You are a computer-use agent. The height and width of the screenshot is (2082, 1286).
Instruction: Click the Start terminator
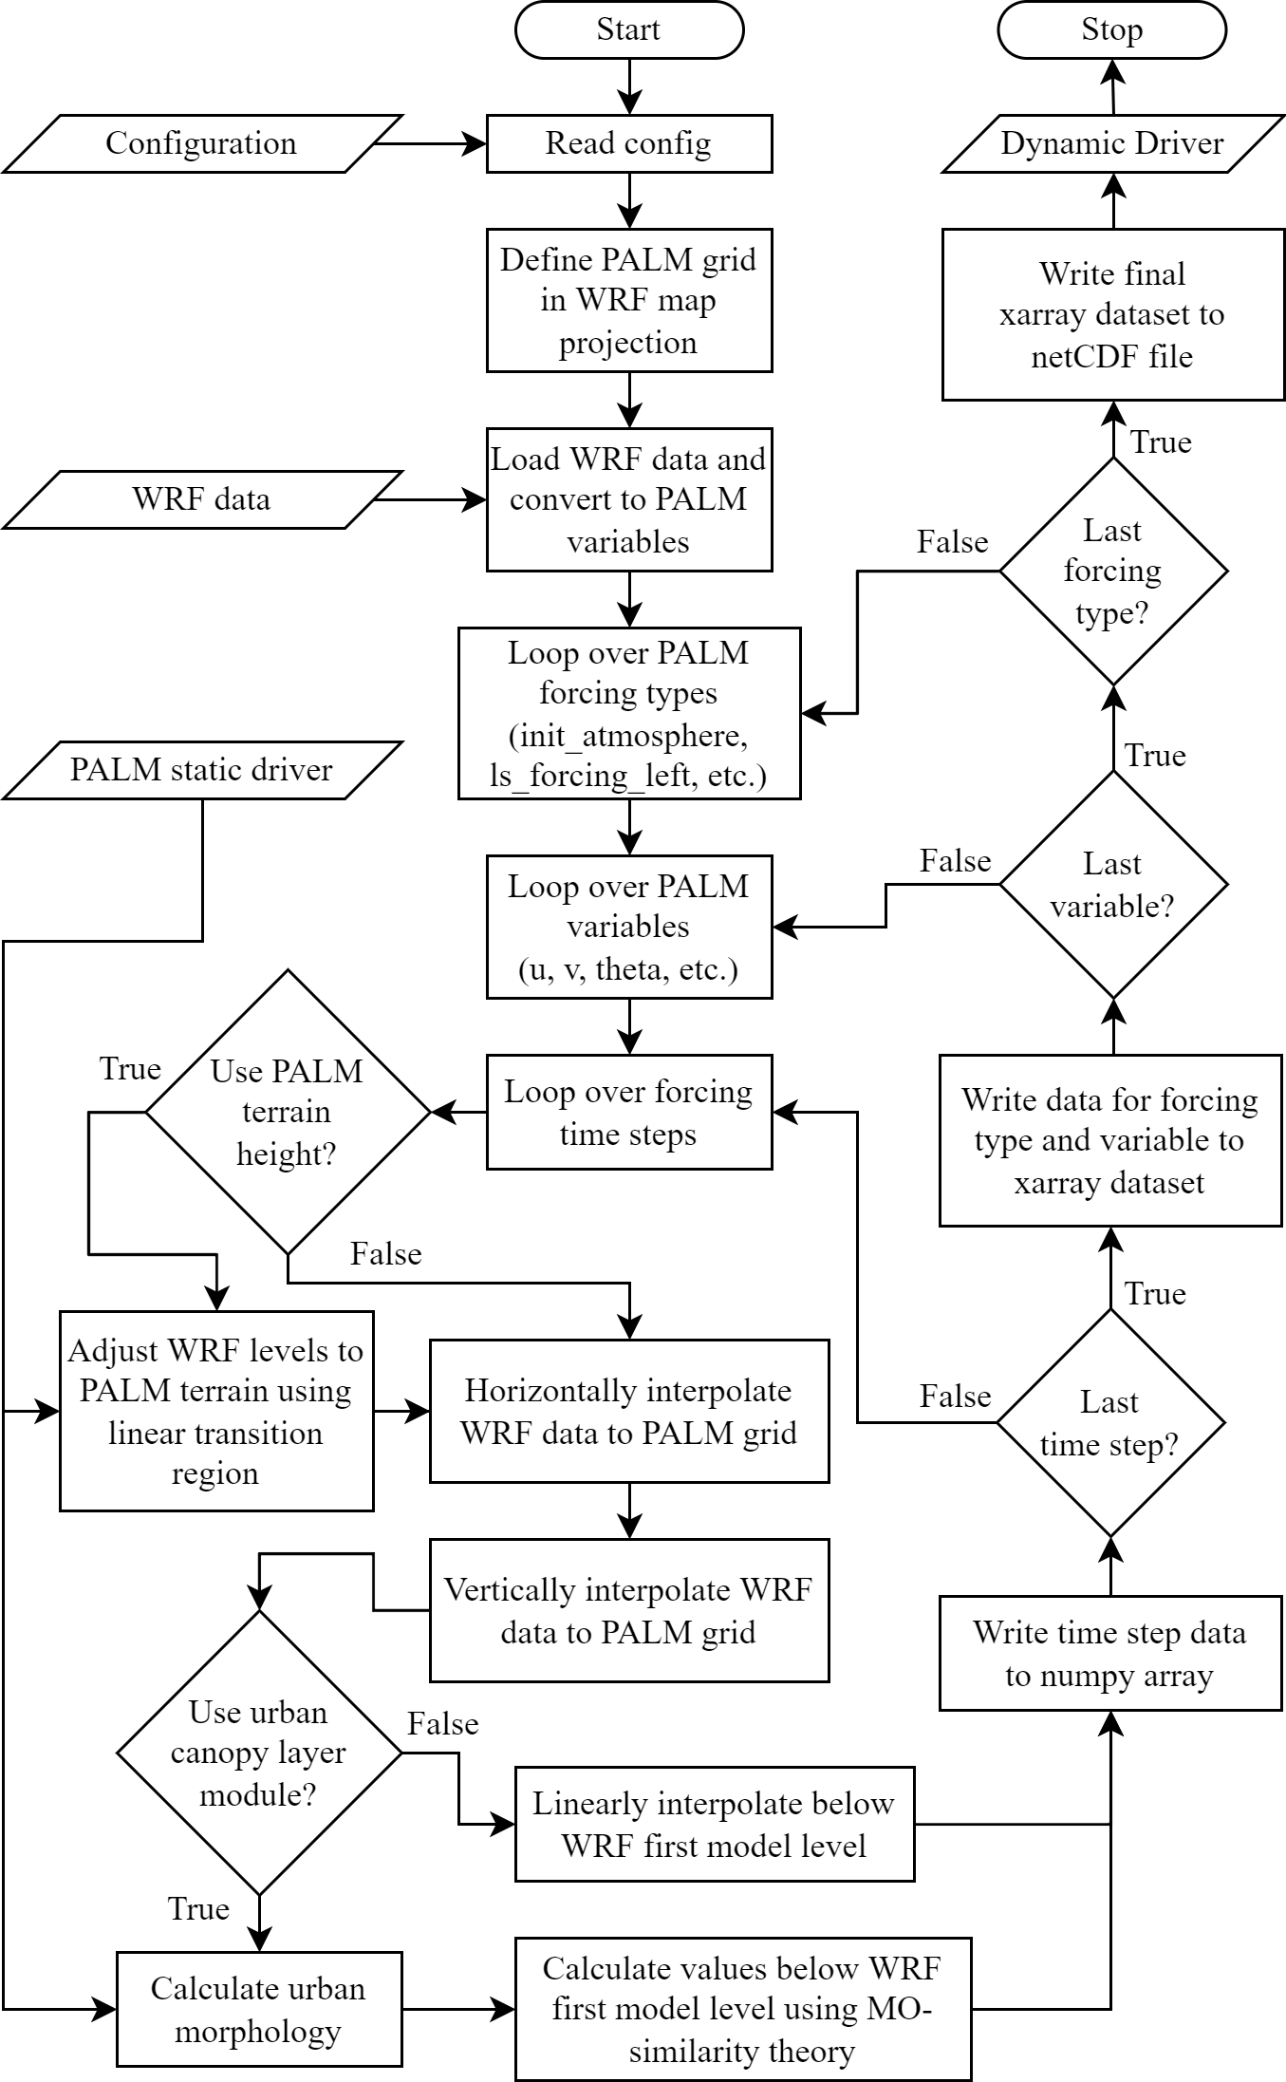(628, 29)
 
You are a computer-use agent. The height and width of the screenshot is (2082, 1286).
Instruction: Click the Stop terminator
(1111, 29)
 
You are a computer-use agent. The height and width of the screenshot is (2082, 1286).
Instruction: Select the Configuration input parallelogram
(202, 143)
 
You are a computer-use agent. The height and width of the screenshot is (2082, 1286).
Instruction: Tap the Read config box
(629, 143)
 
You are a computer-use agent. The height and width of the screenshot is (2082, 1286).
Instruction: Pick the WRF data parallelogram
(202, 499)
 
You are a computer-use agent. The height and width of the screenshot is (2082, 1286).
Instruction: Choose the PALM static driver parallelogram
(202, 770)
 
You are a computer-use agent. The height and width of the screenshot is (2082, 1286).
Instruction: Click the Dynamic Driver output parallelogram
(1112, 143)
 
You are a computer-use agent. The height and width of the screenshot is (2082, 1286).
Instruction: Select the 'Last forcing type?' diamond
(1113, 571)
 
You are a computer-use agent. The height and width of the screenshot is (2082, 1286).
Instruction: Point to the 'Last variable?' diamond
(1113, 884)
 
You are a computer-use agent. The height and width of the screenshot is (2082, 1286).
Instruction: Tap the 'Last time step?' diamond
(1110, 1422)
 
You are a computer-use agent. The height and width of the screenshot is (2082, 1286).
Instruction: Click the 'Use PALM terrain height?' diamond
(288, 1112)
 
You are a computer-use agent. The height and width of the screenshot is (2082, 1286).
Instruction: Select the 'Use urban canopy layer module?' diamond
(259, 1753)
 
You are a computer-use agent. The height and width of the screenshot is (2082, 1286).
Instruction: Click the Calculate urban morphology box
(259, 2009)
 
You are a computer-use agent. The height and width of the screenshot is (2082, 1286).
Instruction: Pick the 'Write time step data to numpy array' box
(1110, 1653)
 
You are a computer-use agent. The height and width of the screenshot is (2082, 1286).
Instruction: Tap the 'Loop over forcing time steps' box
(629, 1112)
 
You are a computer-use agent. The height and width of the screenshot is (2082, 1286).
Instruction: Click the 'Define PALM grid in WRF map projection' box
(629, 300)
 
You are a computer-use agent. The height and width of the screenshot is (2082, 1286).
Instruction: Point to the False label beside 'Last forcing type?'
(953, 542)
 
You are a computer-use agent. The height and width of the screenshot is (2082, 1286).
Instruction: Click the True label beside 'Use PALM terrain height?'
(131, 1069)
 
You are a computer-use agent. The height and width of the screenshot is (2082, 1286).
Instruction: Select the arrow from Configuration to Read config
(430, 144)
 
